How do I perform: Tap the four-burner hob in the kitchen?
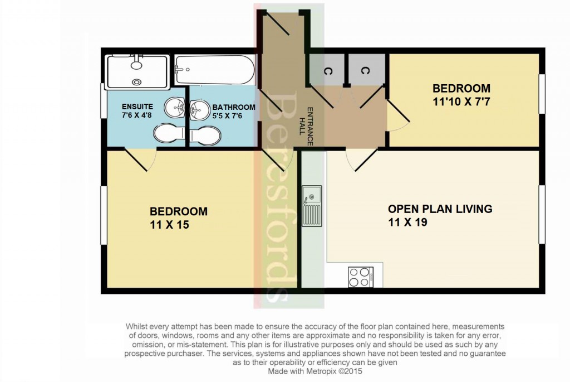click(361, 276)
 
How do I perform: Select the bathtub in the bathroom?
click(215, 70)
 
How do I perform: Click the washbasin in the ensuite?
click(176, 107)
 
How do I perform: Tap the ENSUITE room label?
click(138, 107)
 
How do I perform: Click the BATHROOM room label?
click(233, 107)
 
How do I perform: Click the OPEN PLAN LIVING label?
click(440, 209)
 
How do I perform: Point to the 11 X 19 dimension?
click(407, 222)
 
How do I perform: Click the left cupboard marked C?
click(326, 71)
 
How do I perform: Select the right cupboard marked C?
click(365, 71)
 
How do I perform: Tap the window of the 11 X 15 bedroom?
click(104, 215)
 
